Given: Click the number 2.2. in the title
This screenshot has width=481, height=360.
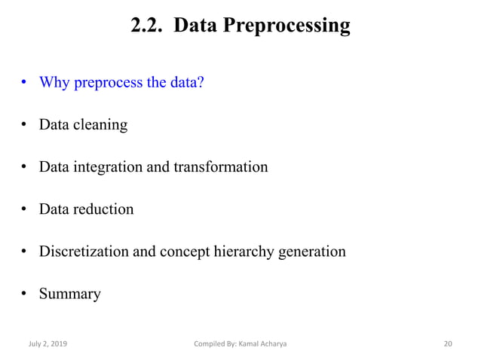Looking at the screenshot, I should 146,26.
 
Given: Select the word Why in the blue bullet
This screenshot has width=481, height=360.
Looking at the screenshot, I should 54,81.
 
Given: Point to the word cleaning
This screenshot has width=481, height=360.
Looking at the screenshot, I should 100,124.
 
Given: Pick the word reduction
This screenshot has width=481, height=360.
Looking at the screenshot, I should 104,209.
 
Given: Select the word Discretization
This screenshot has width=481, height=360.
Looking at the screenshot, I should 84,251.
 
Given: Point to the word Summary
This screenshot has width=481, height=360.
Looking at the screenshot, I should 70,294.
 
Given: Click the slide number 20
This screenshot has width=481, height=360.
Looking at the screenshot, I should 448,344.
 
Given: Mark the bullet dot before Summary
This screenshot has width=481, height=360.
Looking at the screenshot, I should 25,294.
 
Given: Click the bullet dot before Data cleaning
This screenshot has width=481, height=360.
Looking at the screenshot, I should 25,124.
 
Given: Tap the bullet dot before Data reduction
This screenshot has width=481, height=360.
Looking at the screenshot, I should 25,209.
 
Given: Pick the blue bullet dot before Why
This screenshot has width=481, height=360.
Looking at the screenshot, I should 25,82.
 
